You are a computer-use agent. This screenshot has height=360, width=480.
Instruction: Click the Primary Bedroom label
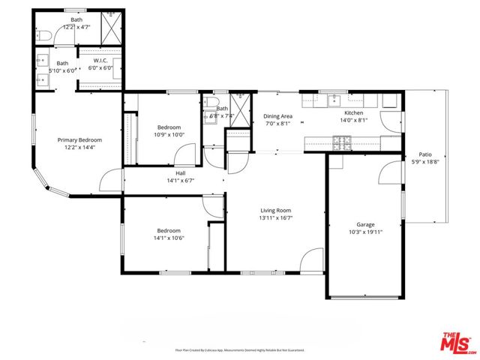point(79,139)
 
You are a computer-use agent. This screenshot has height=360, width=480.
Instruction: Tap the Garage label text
point(365,224)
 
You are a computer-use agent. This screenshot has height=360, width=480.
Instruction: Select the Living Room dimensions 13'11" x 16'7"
point(275,218)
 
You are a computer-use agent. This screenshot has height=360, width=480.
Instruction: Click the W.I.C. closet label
point(101,59)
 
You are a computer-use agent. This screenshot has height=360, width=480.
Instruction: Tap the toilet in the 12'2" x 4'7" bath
point(44,34)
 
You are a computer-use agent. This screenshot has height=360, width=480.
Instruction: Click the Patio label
point(425,154)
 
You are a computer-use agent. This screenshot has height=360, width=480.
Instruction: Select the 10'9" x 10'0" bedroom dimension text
point(169,135)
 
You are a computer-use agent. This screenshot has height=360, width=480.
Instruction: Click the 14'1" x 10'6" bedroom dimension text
point(169,238)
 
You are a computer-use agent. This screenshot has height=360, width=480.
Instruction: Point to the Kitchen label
point(353,113)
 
